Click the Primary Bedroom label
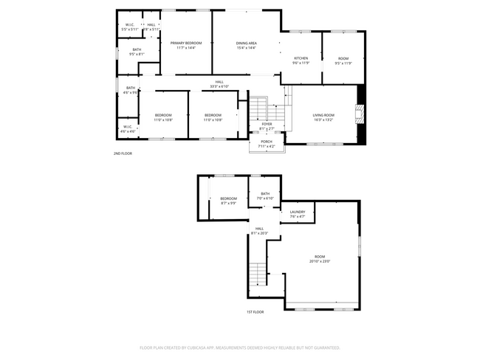(x=186, y=46)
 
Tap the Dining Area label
(x=246, y=46)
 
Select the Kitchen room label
(x=301, y=60)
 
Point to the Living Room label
(x=323, y=117)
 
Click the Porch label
(x=266, y=144)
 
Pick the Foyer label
(x=266, y=126)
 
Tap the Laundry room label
(x=297, y=214)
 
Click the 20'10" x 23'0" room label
(x=319, y=258)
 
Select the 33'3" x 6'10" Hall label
(x=219, y=84)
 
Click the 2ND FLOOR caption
(x=123, y=153)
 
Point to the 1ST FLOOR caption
(x=256, y=312)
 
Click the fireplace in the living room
(x=360, y=114)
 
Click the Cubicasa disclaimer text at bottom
(x=240, y=347)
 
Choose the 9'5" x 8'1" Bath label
(x=137, y=52)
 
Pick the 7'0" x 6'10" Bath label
(x=265, y=195)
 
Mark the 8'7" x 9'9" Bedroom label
(x=228, y=201)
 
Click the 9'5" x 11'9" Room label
(x=343, y=60)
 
